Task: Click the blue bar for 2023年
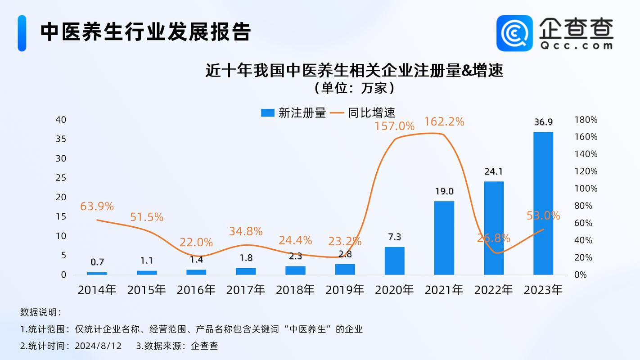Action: [543, 203]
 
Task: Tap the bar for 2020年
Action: [395, 261]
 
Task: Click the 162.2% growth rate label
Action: [444, 121]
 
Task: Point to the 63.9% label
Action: [97, 207]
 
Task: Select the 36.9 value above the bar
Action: [543, 122]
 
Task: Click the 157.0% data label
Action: [394, 126]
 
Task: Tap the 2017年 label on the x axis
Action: [246, 290]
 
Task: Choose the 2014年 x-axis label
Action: [97, 290]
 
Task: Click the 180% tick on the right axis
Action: [586, 120]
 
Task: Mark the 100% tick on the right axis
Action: [586, 189]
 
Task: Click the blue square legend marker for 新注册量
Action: [268, 113]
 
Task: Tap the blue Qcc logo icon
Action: [514, 33]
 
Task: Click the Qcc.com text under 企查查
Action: [576, 45]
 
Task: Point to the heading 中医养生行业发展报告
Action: [145, 32]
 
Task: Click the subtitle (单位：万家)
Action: [355, 88]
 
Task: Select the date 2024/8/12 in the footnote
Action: [99, 346]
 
